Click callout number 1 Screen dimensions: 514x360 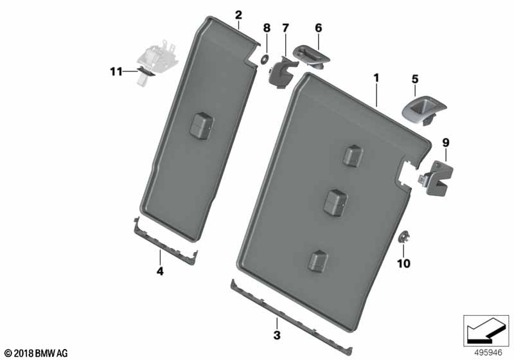coord(377,78)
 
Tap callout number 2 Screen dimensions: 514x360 coord(238,15)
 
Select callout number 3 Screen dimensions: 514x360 coord(277,336)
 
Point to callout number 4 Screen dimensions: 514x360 coord(160,271)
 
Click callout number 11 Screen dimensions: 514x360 coord(116,71)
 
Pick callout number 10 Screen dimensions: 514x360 coord(403,264)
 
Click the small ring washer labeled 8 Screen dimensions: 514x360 coord(263,60)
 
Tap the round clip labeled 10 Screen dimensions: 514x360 coord(403,237)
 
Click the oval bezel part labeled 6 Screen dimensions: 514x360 coord(312,57)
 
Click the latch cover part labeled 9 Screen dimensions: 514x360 coord(436,179)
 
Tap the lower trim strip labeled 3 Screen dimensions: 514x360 coord(291,318)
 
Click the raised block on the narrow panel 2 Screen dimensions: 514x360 coord(201,126)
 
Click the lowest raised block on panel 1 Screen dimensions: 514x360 coord(317,261)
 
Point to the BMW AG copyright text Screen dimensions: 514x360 coord(37,354)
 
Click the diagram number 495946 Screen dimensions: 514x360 coord(488,353)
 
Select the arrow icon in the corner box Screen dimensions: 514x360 coord(486,330)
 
